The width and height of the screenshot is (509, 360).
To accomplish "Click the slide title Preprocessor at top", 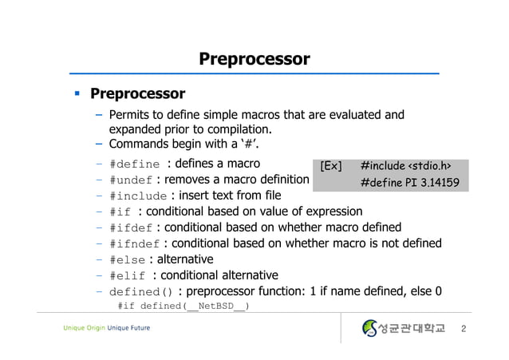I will coord(254,59).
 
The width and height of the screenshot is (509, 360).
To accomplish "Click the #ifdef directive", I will coord(131,227).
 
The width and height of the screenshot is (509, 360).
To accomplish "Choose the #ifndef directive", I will coord(134,244).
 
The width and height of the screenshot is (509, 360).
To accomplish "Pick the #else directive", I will coord(128,260).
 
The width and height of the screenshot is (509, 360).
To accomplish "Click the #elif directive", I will coord(128,276).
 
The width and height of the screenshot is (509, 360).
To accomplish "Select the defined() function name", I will coord(140,292).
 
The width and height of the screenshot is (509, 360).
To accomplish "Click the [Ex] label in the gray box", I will coord(330,166).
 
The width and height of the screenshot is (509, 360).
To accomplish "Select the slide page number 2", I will coord(475,329).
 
